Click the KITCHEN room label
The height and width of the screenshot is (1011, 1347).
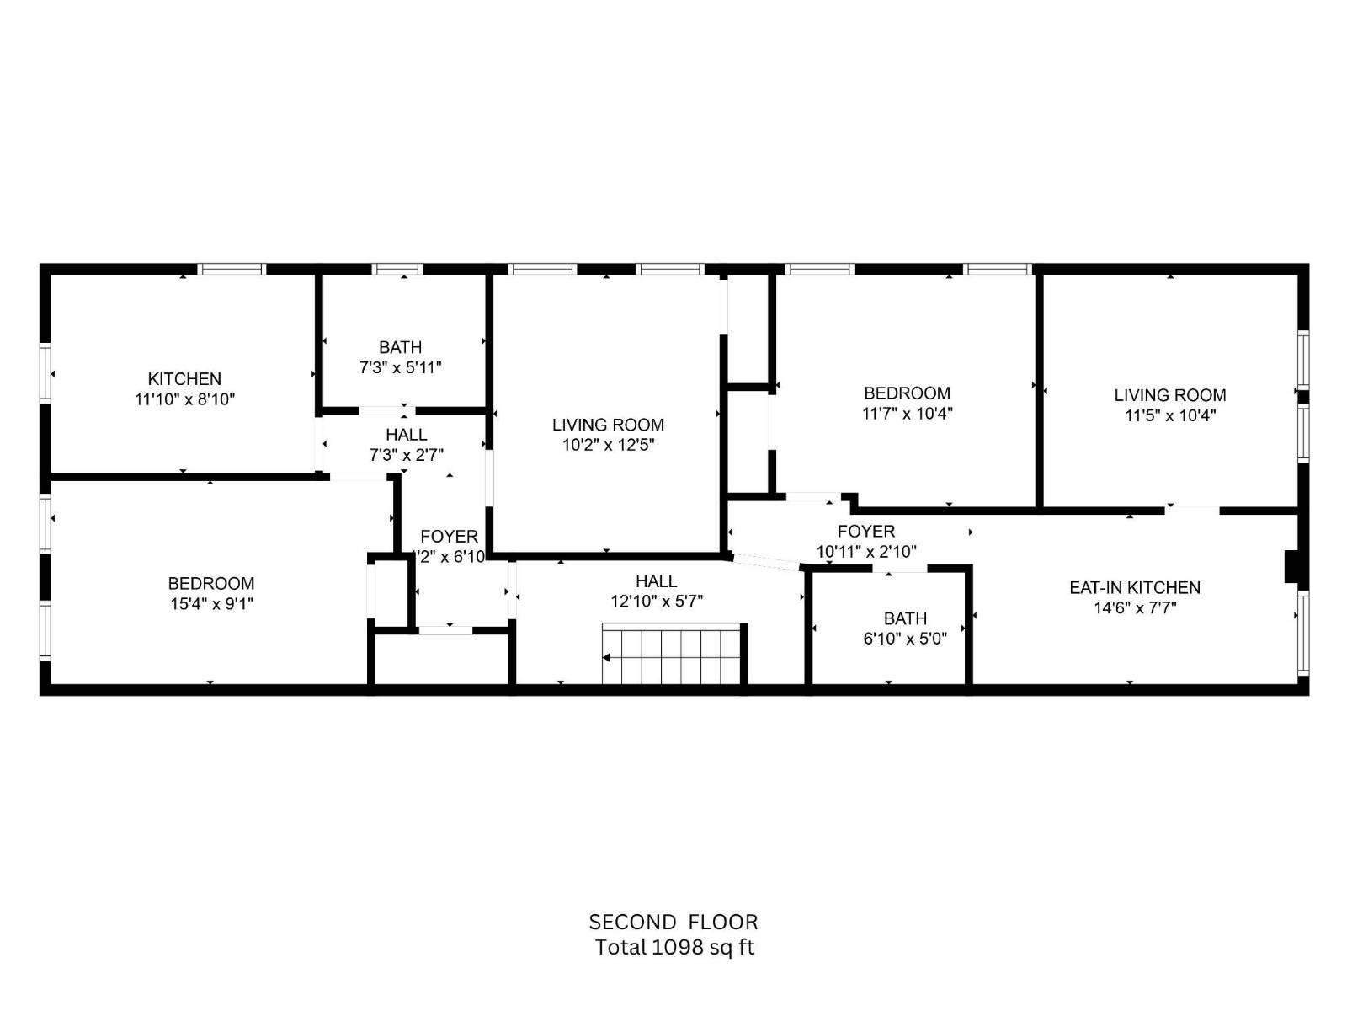pyautogui.click(x=184, y=379)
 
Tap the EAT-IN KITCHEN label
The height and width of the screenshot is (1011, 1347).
pyautogui.click(x=1134, y=588)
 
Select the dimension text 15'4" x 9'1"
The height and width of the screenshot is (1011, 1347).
pyautogui.click(x=210, y=603)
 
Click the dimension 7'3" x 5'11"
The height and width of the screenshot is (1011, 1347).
pyautogui.click(x=400, y=367)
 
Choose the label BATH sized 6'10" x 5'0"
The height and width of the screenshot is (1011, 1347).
pyautogui.click(x=905, y=618)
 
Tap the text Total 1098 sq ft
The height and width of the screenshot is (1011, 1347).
pyautogui.click(x=674, y=947)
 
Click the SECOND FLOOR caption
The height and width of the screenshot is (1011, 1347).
pyautogui.click(x=673, y=922)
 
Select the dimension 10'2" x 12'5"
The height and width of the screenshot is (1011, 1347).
pyautogui.click(x=608, y=445)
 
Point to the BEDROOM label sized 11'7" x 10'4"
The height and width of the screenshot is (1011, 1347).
pyautogui.click(x=907, y=393)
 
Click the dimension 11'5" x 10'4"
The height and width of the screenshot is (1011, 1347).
pyautogui.click(x=1170, y=415)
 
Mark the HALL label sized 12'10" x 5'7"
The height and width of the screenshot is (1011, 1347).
pyautogui.click(x=656, y=581)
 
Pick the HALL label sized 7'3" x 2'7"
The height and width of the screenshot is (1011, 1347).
pyautogui.click(x=406, y=435)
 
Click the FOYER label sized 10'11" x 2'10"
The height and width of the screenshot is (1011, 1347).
pyautogui.click(x=865, y=532)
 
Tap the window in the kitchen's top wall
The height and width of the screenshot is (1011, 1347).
pyautogui.click(x=232, y=270)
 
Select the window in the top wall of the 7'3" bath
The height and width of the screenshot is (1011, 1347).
pyautogui.click(x=397, y=270)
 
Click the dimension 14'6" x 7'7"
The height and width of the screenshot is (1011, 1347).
pyautogui.click(x=1134, y=608)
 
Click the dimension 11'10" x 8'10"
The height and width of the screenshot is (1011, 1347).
pyautogui.click(x=184, y=399)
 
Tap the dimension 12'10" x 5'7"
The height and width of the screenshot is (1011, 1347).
pyautogui.click(x=656, y=602)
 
